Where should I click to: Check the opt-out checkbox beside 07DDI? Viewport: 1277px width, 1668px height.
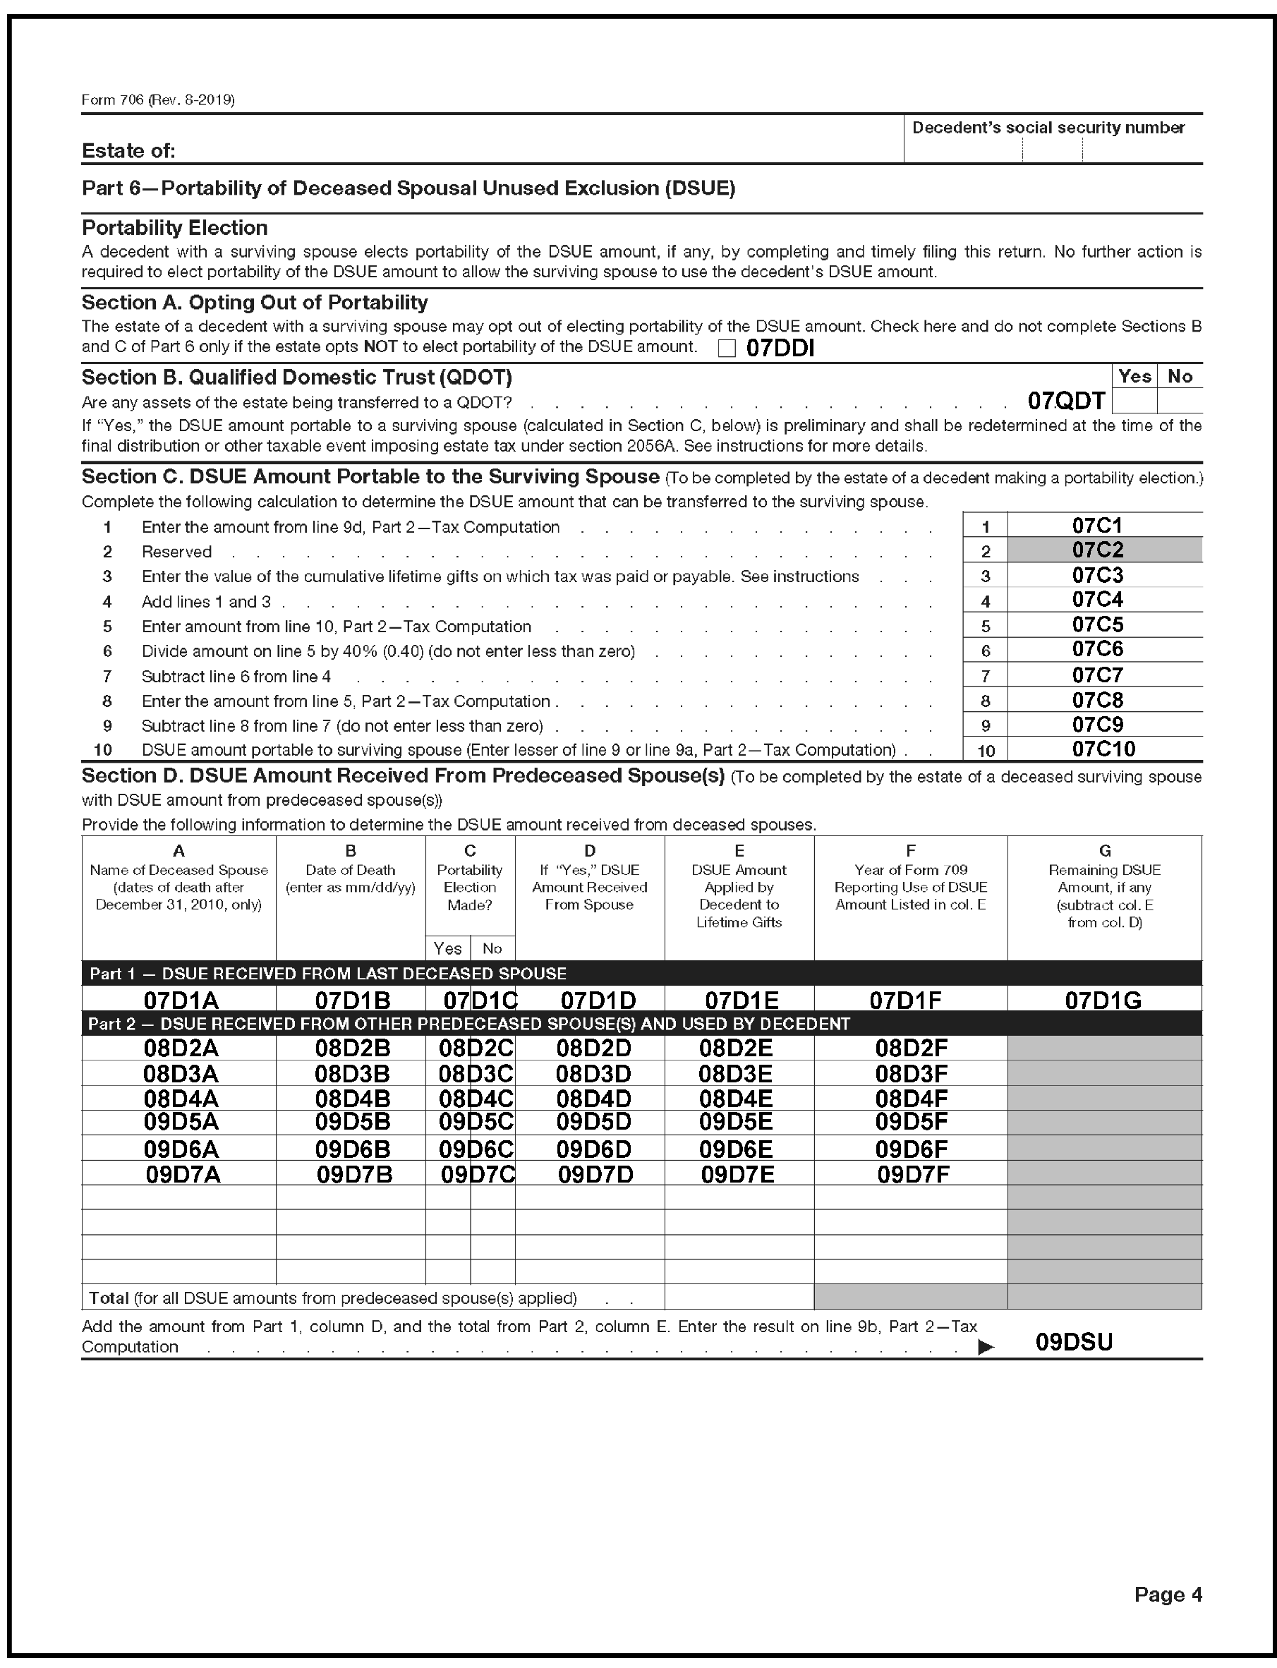coord(727,348)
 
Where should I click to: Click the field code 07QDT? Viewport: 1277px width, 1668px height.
coord(1065,401)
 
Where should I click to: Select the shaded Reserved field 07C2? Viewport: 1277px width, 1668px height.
coord(1098,550)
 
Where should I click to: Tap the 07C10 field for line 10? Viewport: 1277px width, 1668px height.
coord(1103,749)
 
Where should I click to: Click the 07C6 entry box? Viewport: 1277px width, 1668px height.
coord(1098,649)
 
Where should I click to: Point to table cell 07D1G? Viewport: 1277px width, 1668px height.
coord(1103,1000)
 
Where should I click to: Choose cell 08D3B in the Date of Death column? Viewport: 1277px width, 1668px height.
coord(352,1073)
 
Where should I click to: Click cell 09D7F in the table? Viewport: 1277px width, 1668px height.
coord(913,1175)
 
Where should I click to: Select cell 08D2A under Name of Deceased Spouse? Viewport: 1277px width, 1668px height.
coord(181,1048)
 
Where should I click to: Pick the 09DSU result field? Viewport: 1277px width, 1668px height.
coord(1074,1342)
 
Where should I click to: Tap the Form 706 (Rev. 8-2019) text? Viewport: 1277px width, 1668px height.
coord(158,99)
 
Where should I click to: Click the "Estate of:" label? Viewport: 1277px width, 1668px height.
coord(128,150)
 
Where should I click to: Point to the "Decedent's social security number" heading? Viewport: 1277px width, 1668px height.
coord(1048,128)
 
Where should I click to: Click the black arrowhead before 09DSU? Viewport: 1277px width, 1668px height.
coord(985,1347)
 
